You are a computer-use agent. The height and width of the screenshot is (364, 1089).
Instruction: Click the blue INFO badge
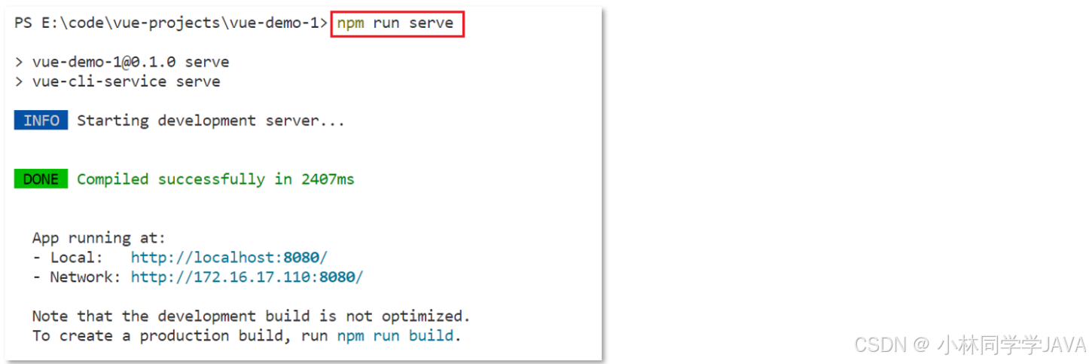41,120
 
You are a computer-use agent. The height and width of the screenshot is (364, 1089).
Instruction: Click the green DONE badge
41,179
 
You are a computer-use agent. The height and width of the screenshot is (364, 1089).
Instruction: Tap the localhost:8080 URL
229,257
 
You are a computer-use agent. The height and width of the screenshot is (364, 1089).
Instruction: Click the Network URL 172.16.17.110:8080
247,277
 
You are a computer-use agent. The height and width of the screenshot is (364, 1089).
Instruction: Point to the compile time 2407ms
328,179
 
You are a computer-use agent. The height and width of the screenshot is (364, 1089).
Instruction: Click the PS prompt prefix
23,23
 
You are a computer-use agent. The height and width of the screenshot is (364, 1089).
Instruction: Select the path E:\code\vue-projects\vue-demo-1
180,23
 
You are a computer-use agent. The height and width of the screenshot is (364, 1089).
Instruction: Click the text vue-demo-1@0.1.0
104,62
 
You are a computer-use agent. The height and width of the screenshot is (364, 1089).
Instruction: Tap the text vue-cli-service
99,81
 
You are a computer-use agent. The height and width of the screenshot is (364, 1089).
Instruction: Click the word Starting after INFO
113,121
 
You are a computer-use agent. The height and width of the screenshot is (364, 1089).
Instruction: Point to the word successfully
212,179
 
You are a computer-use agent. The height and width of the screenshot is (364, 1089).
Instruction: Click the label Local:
76,258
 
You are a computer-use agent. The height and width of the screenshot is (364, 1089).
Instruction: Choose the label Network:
85,277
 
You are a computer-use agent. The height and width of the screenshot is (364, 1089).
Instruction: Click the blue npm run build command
395,336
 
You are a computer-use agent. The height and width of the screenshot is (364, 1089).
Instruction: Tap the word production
185,336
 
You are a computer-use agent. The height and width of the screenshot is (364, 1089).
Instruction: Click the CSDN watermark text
969,344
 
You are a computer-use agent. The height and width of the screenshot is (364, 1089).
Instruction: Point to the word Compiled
113,179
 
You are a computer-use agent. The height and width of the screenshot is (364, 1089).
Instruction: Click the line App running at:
99,238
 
